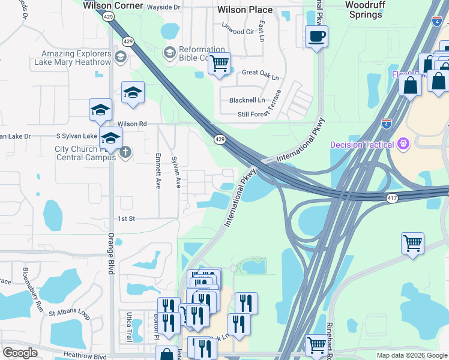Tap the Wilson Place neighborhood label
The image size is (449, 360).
[245, 10]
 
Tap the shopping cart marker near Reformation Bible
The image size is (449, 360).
[220, 63]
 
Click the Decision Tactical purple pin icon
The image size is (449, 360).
[403, 144]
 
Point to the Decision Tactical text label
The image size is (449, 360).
[361, 145]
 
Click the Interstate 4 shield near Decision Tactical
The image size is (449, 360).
[387, 124]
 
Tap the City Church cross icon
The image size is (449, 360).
[125, 151]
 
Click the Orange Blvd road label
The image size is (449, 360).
[111, 253]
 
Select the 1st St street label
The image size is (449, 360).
[125, 219]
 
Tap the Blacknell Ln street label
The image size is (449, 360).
[243, 100]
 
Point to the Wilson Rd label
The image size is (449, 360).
[132, 124]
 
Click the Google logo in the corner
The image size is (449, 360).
[20, 353]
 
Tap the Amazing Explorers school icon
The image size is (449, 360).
[119, 56]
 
